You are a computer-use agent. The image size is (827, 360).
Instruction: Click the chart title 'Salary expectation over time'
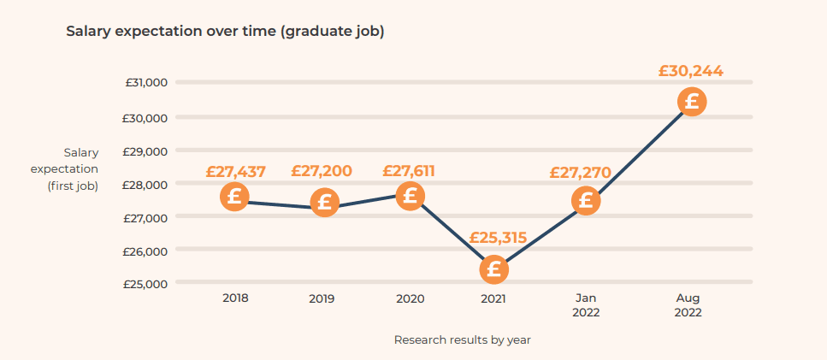(225, 32)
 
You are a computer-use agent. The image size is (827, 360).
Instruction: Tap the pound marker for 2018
(234, 197)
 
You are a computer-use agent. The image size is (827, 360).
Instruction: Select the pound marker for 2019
(324, 203)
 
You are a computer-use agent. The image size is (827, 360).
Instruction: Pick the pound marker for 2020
(410, 196)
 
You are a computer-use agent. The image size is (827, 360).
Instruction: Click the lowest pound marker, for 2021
(493, 270)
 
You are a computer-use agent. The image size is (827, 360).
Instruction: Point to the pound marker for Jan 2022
(586, 201)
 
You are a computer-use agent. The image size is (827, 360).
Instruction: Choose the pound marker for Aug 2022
(691, 102)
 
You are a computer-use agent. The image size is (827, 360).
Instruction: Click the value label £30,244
(690, 71)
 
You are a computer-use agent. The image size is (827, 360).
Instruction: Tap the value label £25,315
(497, 238)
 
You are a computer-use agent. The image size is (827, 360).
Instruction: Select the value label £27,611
(408, 171)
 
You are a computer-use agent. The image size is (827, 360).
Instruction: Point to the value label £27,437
(236, 171)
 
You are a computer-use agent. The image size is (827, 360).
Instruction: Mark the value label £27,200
(322, 171)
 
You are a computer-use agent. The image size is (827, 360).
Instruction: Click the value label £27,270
(581, 173)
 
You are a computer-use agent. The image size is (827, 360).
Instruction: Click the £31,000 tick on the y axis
(145, 83)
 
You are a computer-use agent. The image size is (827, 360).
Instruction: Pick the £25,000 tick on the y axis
(145, 283)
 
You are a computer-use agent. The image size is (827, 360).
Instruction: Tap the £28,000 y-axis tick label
(145, 184)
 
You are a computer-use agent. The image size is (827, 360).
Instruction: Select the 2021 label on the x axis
(493, 299)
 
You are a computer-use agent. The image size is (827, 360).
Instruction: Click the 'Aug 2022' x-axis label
(688, 305)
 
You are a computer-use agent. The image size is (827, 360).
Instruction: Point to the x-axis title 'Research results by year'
(462, 339)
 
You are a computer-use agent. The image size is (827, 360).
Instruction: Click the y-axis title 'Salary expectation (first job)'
(74, 169)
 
